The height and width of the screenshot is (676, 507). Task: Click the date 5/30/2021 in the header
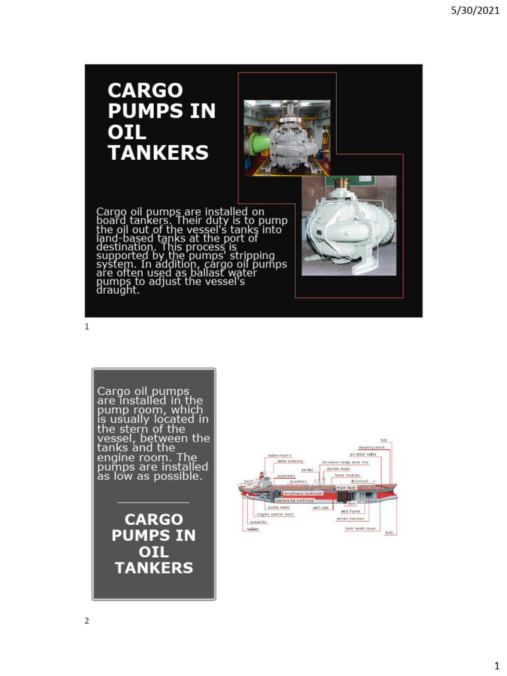[x=472, y=9]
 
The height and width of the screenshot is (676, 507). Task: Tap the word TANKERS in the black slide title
[x=158, y=153]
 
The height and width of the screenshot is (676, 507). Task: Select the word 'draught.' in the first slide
[x=119, y=290]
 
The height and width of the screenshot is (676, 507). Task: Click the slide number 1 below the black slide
[x=86, y=326]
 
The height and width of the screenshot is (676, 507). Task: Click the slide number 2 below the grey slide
[x=86, y=621]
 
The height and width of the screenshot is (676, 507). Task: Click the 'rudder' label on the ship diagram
[x=253, y=529]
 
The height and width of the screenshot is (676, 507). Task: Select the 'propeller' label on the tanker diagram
[x=258, y=522]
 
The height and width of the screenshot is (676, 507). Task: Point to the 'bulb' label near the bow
[x=389, y=532]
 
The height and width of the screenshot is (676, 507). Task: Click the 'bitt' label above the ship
[x=384, y=440]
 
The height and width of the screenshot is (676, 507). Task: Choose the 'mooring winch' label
[x=372, y=447]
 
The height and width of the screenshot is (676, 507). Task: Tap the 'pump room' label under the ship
[x=279, y=507]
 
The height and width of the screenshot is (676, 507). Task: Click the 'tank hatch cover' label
[x=360, y=528]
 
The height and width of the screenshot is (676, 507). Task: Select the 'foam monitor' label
[x=348, y=475]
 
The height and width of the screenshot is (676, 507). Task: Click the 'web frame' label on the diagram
[x=351, y=511]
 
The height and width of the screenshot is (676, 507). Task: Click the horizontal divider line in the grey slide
[x=153, y=503]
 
